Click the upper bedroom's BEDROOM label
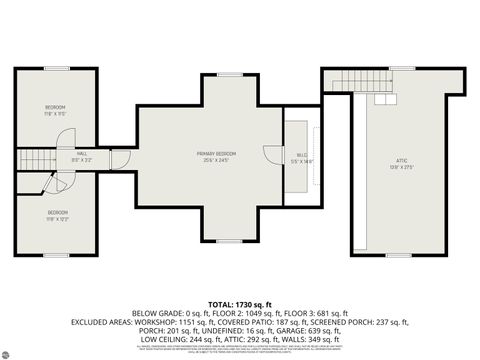point(55,109)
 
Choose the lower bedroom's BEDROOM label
point(57,214)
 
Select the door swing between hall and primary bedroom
point(121,159)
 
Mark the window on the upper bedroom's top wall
point(56,68)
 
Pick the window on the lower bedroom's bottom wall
point(56,255)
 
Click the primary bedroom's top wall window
point(229,73)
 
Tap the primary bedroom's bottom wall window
point(229,241)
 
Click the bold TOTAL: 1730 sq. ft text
point(240,302)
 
